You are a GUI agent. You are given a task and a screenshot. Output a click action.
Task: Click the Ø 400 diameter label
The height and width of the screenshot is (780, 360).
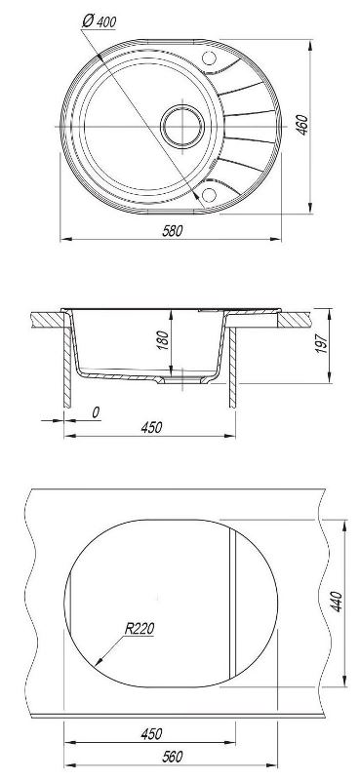99,21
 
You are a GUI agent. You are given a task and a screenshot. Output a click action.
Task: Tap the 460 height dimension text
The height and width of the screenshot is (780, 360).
302,125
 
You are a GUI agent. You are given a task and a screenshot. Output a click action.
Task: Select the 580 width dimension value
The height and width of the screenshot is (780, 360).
173,230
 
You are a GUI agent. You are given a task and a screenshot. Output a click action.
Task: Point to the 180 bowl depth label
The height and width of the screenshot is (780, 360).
163,339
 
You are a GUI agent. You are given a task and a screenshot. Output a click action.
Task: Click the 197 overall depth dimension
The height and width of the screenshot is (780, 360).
321,344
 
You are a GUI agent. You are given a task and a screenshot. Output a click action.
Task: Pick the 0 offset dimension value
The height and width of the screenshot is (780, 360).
97,411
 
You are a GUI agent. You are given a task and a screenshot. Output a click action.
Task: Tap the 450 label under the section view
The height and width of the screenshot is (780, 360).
152,427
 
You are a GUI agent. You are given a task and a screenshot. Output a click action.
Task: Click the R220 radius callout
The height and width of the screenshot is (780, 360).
139,629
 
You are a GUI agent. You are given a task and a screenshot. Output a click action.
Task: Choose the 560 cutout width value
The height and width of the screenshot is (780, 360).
173,757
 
